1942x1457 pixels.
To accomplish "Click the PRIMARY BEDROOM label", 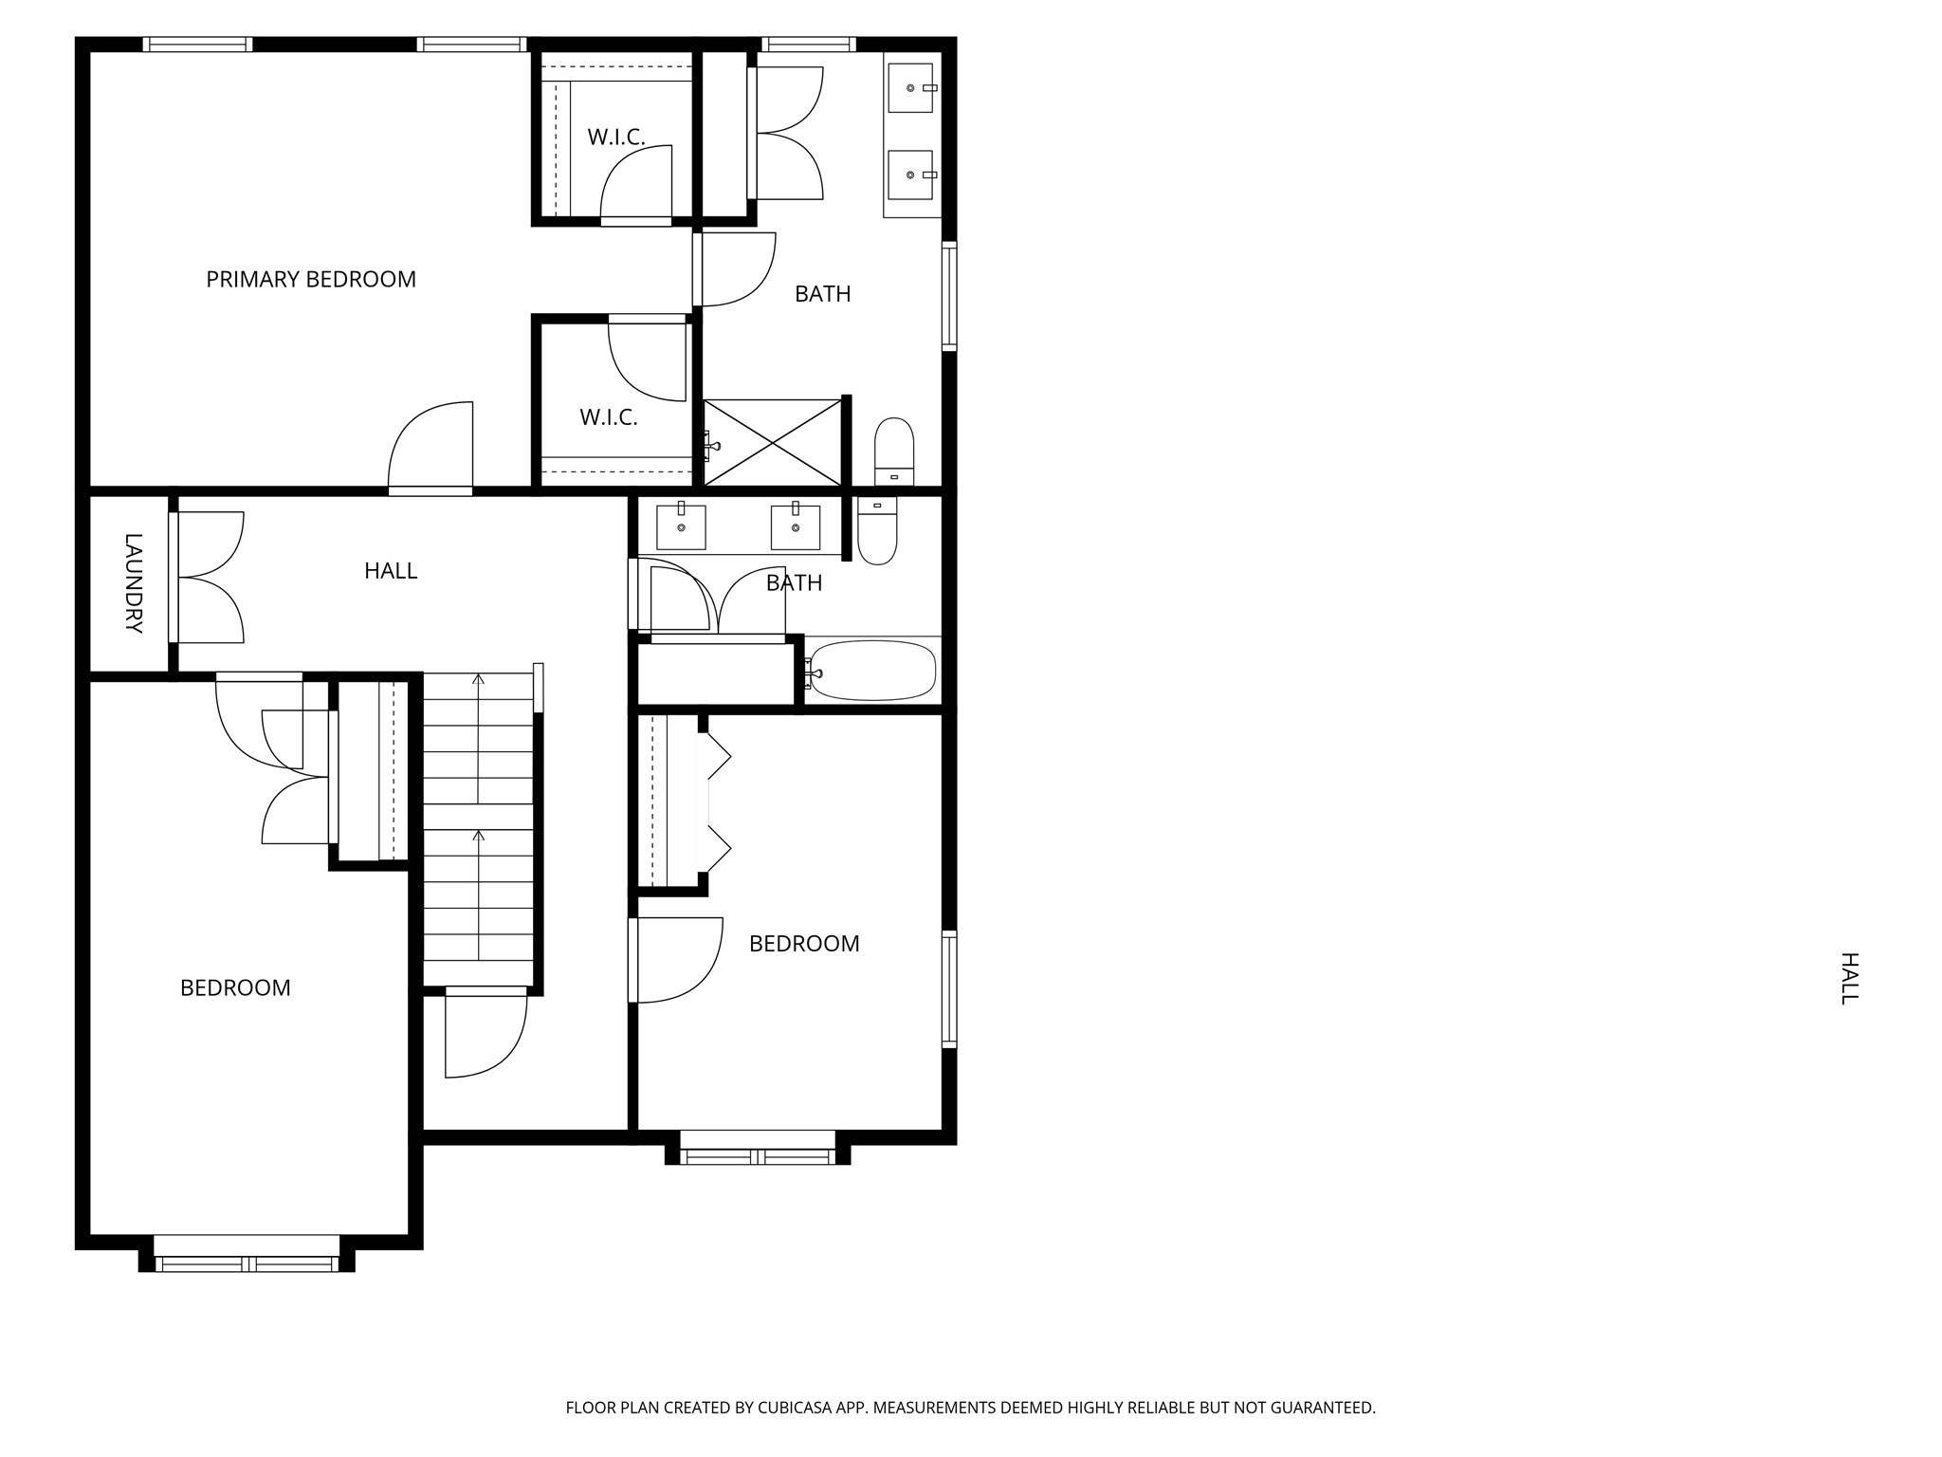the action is [x=311, y=279].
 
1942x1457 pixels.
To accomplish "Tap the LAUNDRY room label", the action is [x=134, y=583].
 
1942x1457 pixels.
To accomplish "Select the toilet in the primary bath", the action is [x=894, y=452].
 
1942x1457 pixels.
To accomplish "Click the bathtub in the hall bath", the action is [x=872, y=671].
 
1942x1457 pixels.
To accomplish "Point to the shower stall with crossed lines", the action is [x=773, y=443].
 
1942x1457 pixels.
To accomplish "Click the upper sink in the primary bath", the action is [x=911, y=88].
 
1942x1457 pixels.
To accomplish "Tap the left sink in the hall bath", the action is [x=681, y=526].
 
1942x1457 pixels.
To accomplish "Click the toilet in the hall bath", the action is [x=877, y=530].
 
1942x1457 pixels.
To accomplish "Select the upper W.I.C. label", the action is [x=616, y=138].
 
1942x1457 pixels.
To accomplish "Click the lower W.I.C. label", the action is [x=609, y=417].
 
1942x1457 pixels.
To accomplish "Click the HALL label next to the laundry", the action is [x=391, y=571].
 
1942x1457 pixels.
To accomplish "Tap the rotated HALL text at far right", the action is [x=1849, y=978].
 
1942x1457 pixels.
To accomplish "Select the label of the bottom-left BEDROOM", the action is [x=235, y=988].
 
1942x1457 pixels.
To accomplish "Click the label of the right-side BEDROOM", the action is [x=804, y=944].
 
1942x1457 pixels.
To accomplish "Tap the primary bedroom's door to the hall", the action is [x=431, y=446].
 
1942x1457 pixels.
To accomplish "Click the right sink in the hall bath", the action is [x=796, y=526].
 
